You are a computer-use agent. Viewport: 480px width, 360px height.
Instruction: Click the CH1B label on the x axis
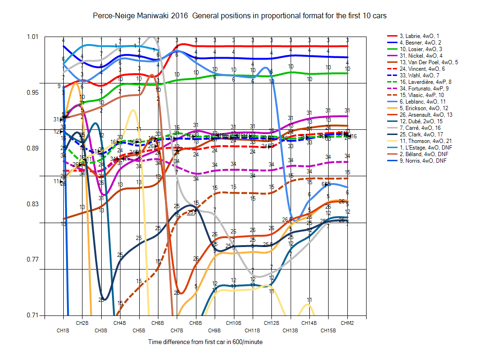click(x=63, y=330)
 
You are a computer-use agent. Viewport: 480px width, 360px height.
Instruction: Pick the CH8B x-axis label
click(x=195, y=323)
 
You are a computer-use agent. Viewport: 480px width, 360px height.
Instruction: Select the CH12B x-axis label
click(x=271, y=323)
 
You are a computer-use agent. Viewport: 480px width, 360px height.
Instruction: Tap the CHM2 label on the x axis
click(x=347, y=323)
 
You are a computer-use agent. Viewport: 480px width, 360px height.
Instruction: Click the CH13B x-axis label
click(x=290, y=330)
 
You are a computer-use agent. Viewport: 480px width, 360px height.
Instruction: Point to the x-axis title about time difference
click(x=205, y=342)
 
